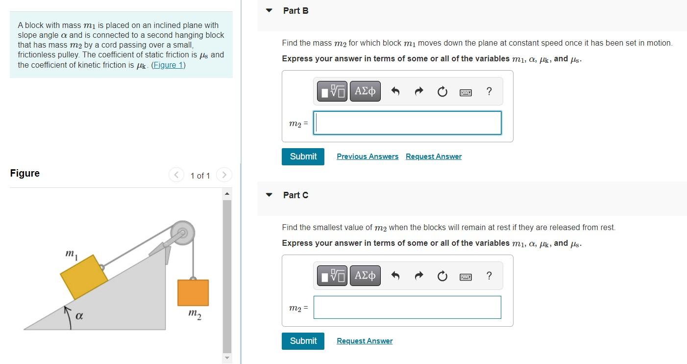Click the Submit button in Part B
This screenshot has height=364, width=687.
point(303,156)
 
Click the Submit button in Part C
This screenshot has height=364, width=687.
point(303,341)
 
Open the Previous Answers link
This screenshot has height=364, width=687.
point(368,156)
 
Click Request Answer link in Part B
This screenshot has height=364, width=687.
point(434,156)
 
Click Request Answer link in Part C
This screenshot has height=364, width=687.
point(365,341)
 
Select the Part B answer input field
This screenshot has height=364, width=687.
point(407,123)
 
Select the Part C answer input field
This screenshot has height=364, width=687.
point(407,307)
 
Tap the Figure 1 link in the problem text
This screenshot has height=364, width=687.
point(169,65)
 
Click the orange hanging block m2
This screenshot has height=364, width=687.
point(193,292)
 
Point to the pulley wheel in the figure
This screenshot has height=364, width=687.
point(182,233)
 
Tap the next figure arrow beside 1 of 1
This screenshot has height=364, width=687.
point(223,175)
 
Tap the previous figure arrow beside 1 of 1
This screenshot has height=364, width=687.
point(176,175)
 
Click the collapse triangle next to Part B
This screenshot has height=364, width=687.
point(269,10)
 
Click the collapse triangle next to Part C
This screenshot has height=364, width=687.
point(269,195)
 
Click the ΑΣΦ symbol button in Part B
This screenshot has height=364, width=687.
point(365,91)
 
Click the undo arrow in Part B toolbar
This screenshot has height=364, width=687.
point(396,91)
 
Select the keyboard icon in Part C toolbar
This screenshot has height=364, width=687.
point(466,277)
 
